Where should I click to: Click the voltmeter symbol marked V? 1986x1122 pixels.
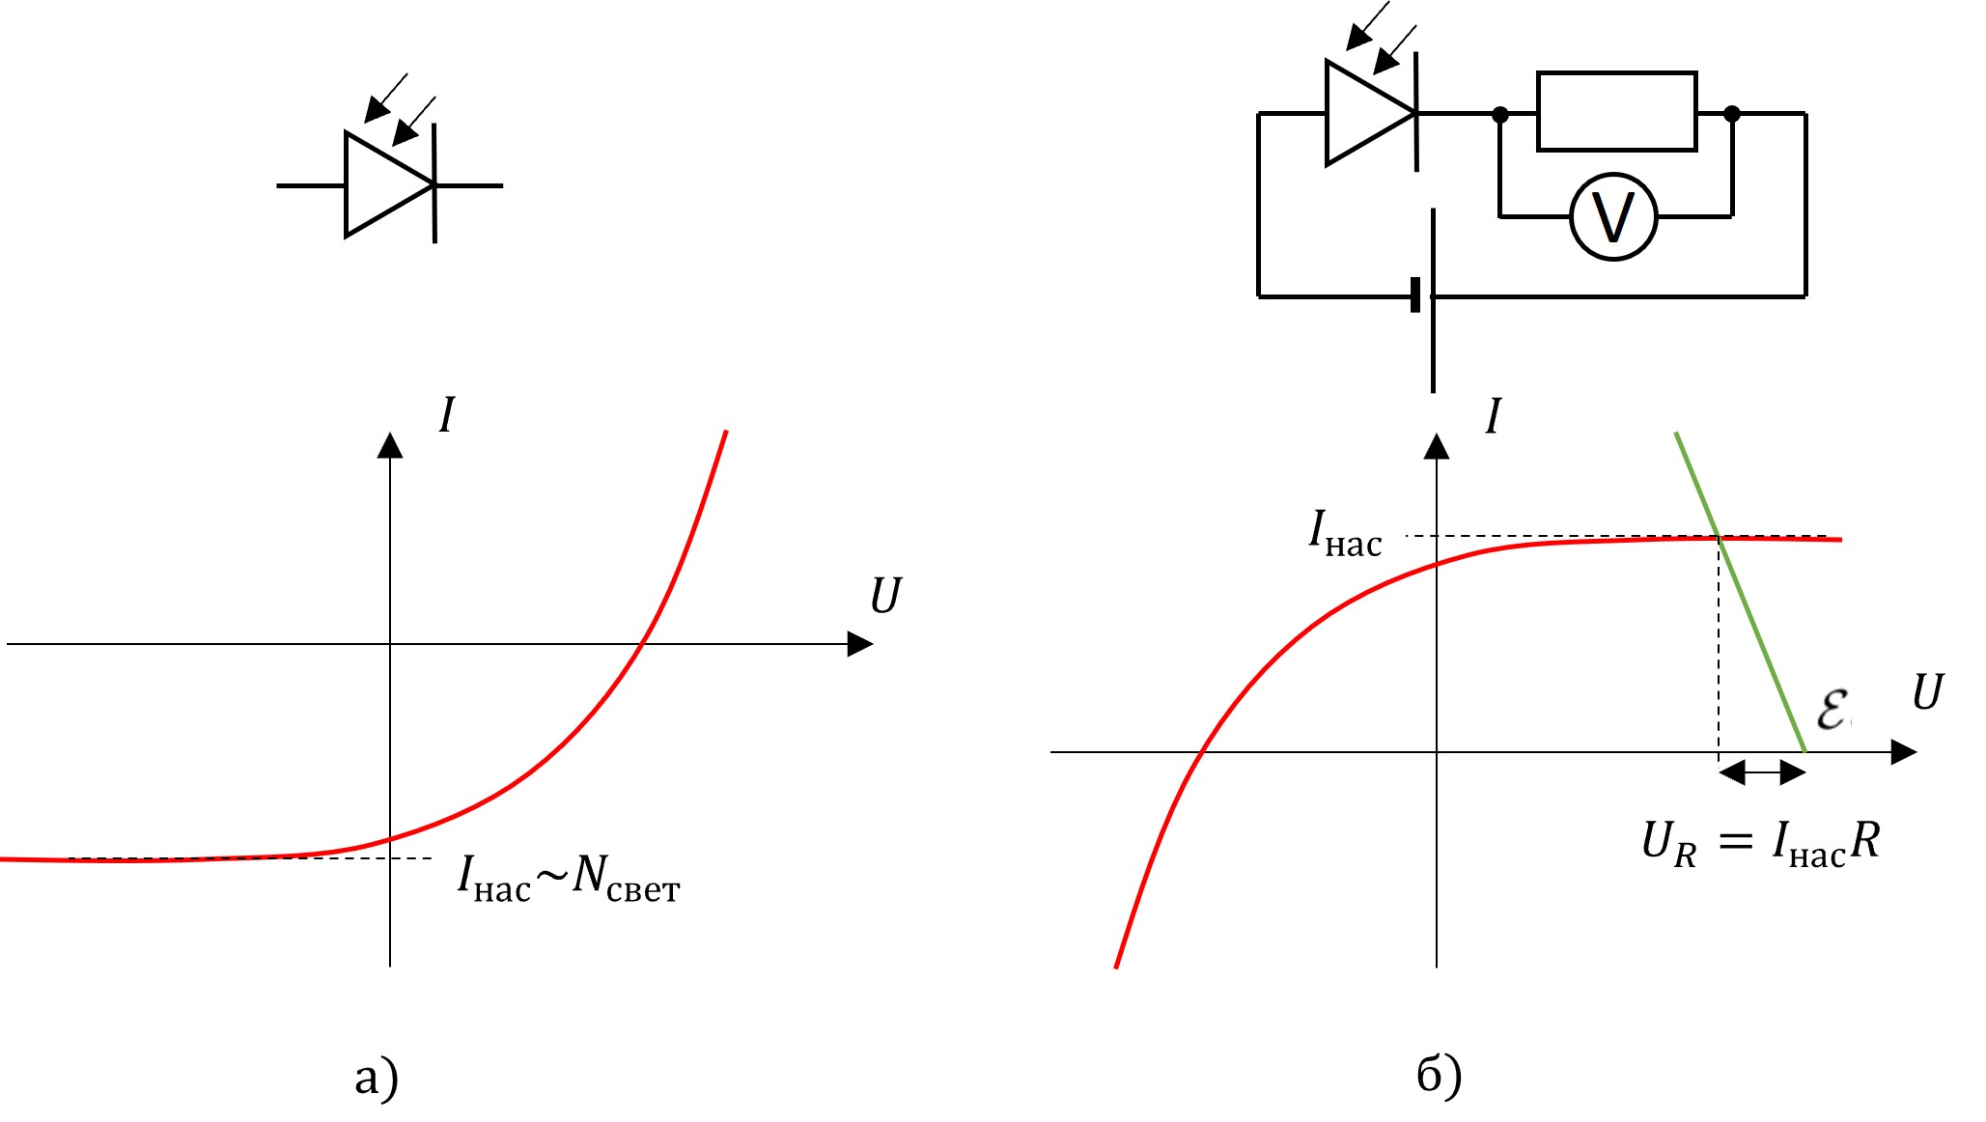click(1613, 217)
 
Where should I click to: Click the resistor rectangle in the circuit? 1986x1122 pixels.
click(1617, 111)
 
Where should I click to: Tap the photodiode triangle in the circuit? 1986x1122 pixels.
click(1370, 113)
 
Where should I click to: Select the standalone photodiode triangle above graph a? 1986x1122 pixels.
click(389, 184)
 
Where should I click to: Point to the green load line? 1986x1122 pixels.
click(1740, 592)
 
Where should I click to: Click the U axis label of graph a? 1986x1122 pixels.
click(884, 596)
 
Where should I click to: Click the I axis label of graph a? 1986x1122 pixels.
click(446, 415)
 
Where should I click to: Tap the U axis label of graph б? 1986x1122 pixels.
click(1927, 692)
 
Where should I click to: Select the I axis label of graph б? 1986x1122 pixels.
click(1494, 416)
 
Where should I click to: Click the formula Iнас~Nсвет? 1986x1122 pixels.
click(569, 879)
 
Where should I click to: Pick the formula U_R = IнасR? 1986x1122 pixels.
click(1761, 843)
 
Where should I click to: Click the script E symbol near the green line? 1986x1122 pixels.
click(1832, 710)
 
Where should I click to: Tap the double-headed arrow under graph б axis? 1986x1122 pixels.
click(1762, 772)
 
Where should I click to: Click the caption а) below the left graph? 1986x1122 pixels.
click(377, 1078)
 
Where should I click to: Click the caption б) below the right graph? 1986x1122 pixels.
click(1440, 1076)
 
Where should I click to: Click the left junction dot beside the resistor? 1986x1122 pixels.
click(1499, 114)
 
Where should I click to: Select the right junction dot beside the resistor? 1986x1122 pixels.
click(1732, 114)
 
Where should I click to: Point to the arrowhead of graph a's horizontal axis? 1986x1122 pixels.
click(860, 644)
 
